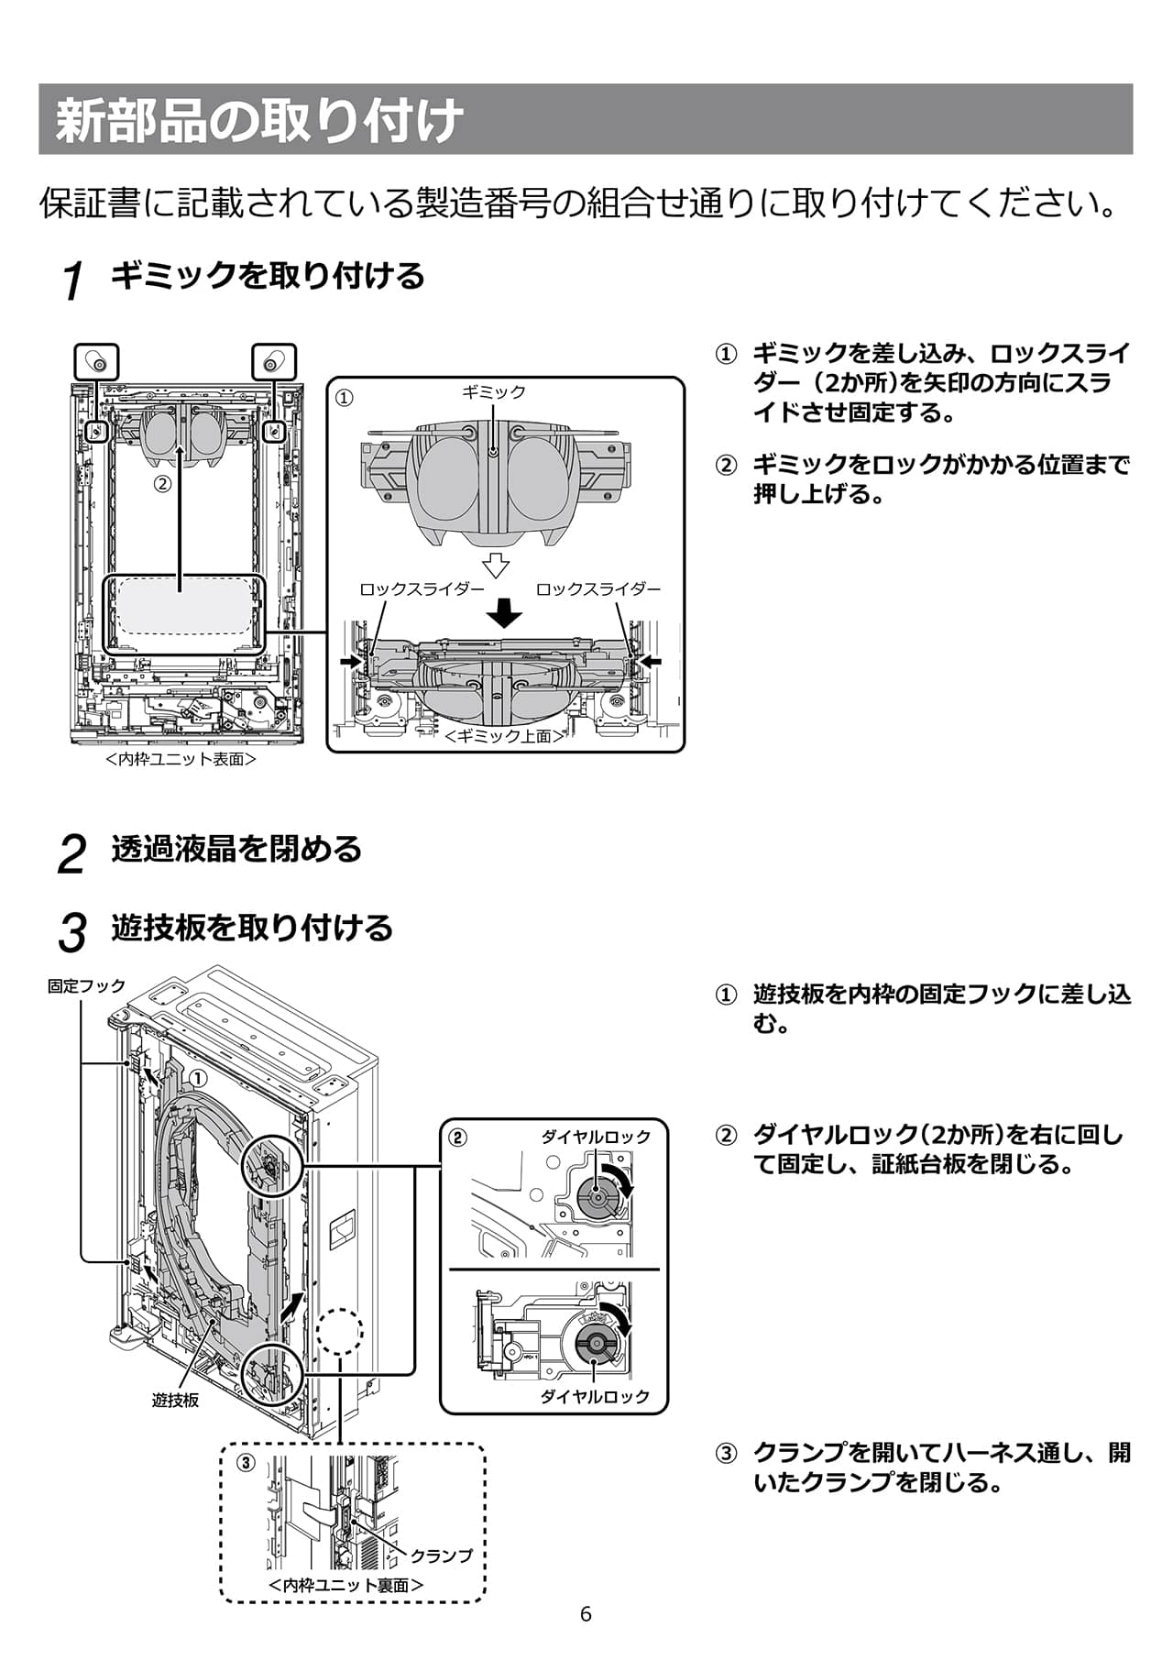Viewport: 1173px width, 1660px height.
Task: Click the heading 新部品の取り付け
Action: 259,120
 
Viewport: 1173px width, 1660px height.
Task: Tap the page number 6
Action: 586,1614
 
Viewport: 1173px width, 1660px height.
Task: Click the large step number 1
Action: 73,280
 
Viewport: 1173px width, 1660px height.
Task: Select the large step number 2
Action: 71,853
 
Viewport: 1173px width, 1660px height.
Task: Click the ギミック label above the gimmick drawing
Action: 494,392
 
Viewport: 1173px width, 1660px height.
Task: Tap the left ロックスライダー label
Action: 422,589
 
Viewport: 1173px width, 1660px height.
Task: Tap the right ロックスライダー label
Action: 597,589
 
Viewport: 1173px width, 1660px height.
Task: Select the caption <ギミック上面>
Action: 503,736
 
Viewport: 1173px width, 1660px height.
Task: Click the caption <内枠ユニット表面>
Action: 181,760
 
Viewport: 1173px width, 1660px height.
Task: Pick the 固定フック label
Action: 86,986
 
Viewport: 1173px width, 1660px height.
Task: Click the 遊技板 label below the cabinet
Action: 175,1401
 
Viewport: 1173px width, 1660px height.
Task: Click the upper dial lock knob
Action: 597,1196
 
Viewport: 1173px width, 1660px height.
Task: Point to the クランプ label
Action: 442,1556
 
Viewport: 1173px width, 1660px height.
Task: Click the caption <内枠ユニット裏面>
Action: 346,1585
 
